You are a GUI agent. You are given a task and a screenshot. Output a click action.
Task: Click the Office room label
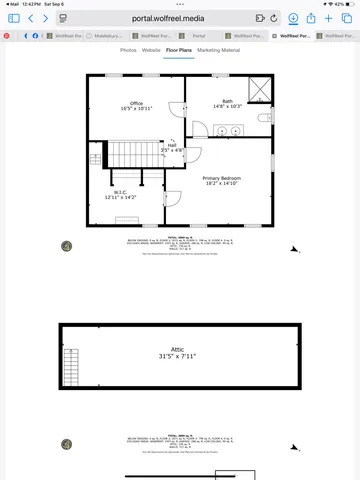[x=136, y=105]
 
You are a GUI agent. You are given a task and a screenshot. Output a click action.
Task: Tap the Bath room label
[x=227, y=103]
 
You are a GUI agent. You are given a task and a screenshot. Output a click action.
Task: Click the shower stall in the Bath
[x=259, y=88]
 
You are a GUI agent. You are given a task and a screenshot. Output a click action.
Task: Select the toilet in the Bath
[x=264, y=118]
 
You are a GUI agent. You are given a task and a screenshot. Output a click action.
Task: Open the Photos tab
[x=128, y=49]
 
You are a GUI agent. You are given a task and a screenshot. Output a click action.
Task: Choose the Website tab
[x=151, y=49]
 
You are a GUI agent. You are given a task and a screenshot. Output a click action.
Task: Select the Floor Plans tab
[x=179, y=49]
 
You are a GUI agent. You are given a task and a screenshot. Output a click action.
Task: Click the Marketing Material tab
[x=218, y=49]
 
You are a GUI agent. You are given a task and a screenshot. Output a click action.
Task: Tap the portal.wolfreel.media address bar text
[x=179, y=18]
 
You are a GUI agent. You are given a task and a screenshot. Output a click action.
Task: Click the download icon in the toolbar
[x=293, y=18]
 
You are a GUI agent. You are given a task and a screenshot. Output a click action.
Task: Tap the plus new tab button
[x=329, y=18]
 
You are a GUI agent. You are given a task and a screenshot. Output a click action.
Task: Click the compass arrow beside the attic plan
[x=294, y=445]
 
